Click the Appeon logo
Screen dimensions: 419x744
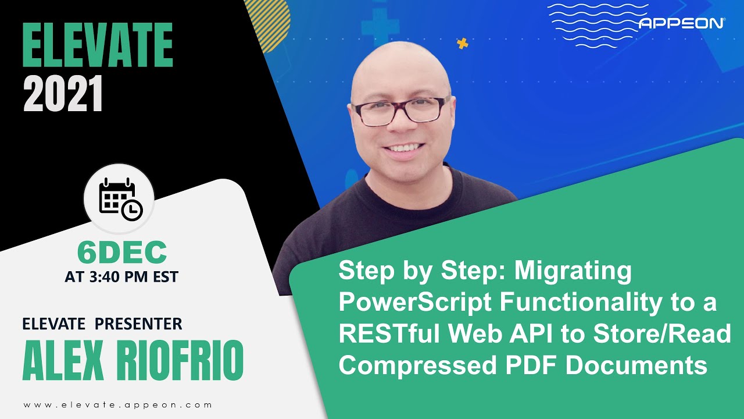pyautogui.click(x=681, y=23)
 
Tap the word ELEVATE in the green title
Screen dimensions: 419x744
pyautogui.click(x=98, y=46)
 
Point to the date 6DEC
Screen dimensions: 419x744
pyautogui.click(x=122, y=252)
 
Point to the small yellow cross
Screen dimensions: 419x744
pyautogui.click(x=463, y=43)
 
